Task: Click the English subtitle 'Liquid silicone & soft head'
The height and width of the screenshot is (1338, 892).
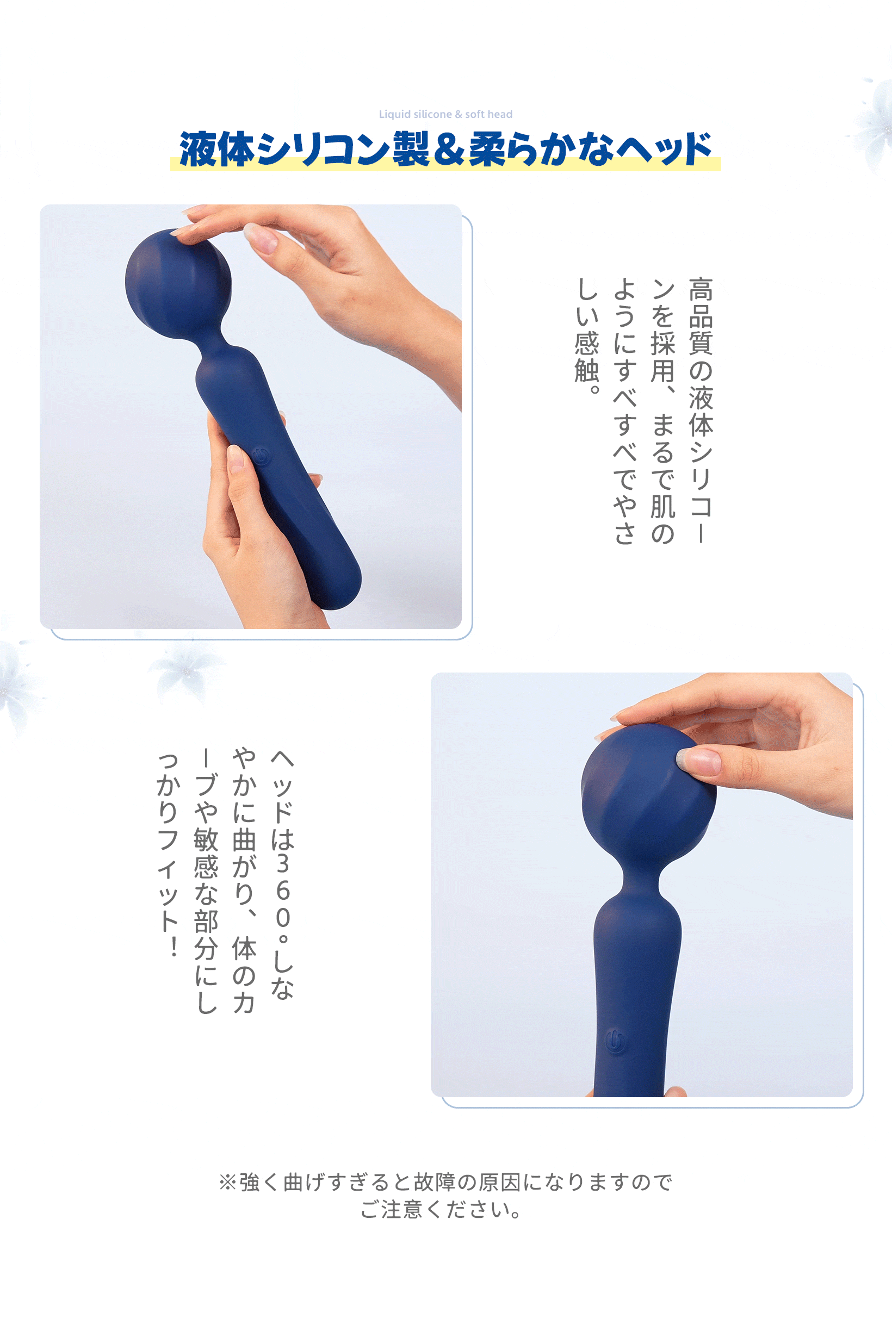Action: tap(445, 114)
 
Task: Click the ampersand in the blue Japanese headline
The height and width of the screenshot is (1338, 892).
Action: tap(448, 150)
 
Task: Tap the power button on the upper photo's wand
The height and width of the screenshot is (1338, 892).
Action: tap(261, 456)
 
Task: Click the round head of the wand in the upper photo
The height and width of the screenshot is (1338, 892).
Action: tap(178, 283)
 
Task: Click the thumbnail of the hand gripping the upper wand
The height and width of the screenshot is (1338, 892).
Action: tap(236, 458)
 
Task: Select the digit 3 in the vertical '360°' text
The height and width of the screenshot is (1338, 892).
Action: tap(282, 863)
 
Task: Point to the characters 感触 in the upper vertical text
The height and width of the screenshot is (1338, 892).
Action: tap(586, 357)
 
